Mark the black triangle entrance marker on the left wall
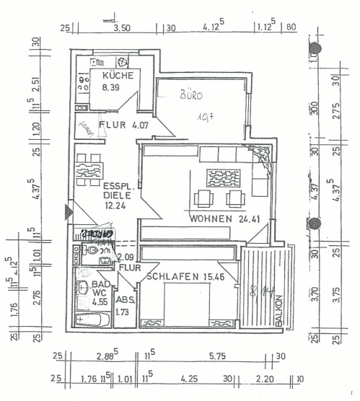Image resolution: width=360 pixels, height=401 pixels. pyautogui.click(x=69, y=212)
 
